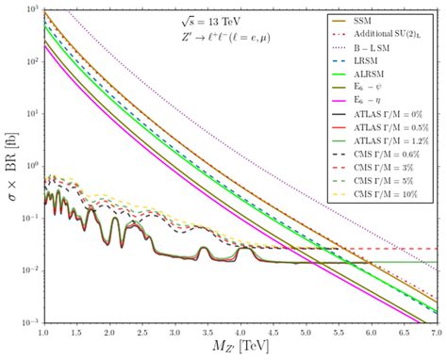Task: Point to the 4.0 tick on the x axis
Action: coord(241,332)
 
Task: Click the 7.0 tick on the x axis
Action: coord(436,332)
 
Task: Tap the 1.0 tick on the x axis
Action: coord(44,332)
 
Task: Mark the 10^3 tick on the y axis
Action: coord(31,9)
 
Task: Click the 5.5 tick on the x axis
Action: coord(339,332)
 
